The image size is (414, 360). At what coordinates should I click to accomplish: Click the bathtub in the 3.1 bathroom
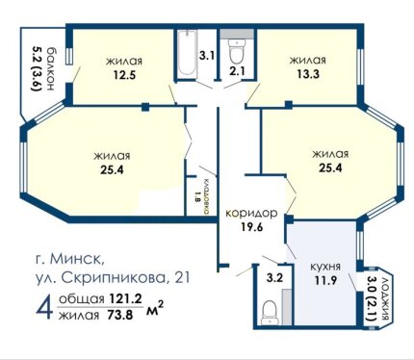point(187,53)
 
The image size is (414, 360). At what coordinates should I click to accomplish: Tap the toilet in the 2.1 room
point(237,51)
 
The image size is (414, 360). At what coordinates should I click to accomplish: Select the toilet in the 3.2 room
point(270,313)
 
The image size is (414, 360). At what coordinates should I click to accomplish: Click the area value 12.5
point(124,75)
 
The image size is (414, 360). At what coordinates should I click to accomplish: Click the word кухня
point(325,267)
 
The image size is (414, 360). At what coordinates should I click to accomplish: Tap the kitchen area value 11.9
point(325,280)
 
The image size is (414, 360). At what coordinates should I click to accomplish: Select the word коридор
point(251,214)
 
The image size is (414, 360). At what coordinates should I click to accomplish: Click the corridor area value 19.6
point(252,227)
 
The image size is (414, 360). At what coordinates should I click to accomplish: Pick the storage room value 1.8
point(197,196)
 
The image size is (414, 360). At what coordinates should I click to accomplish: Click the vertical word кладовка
point(207,196)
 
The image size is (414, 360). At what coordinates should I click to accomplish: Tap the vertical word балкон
point(51,69)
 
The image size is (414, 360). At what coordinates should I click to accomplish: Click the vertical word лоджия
point(385,298)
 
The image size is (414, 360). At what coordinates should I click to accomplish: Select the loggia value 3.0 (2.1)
point(372,299)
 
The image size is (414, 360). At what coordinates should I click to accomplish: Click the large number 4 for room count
point(44,308)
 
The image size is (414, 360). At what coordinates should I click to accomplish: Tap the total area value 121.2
point(125,298)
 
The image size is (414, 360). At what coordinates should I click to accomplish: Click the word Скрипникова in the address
point(112,278)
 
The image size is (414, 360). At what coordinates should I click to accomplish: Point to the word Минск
point(77,259)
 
